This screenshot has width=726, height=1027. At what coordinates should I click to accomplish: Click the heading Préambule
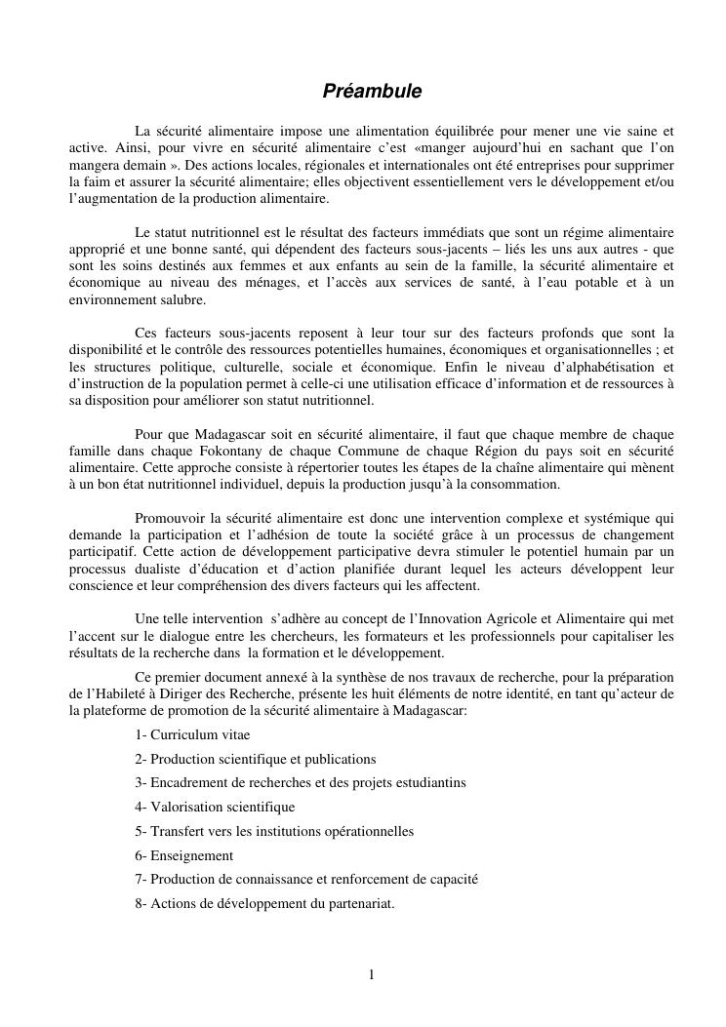373,91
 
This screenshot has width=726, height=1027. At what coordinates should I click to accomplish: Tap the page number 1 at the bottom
371,973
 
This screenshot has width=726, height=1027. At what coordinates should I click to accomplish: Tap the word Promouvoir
168,516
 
